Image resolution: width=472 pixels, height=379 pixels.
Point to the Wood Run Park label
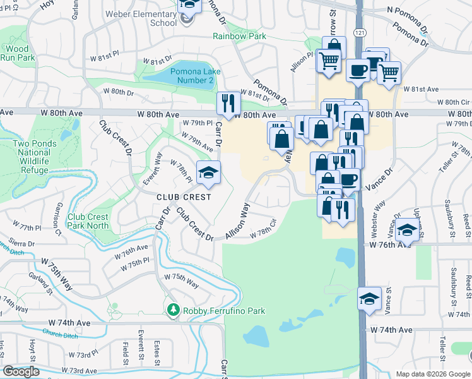[x=17, y=53]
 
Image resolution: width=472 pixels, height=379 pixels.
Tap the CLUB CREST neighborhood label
[x=184, y=196]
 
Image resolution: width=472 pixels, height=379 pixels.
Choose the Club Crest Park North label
[x=88, y=221]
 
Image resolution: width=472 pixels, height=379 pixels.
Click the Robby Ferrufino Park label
[x=224, y=311]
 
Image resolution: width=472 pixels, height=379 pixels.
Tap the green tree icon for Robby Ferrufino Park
[x=173, y=310]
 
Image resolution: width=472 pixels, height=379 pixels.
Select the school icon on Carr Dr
[x=208, y=172]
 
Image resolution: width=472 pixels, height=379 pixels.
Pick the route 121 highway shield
[x=358, y=49]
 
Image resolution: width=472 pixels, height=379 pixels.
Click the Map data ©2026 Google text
[x=433, y=374]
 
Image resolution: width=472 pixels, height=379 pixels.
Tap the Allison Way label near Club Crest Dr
[x=237, y=221]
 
